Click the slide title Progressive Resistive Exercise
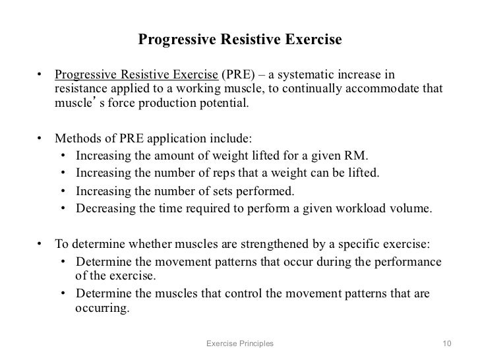pos(240,40)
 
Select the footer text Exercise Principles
pos(239,344)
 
